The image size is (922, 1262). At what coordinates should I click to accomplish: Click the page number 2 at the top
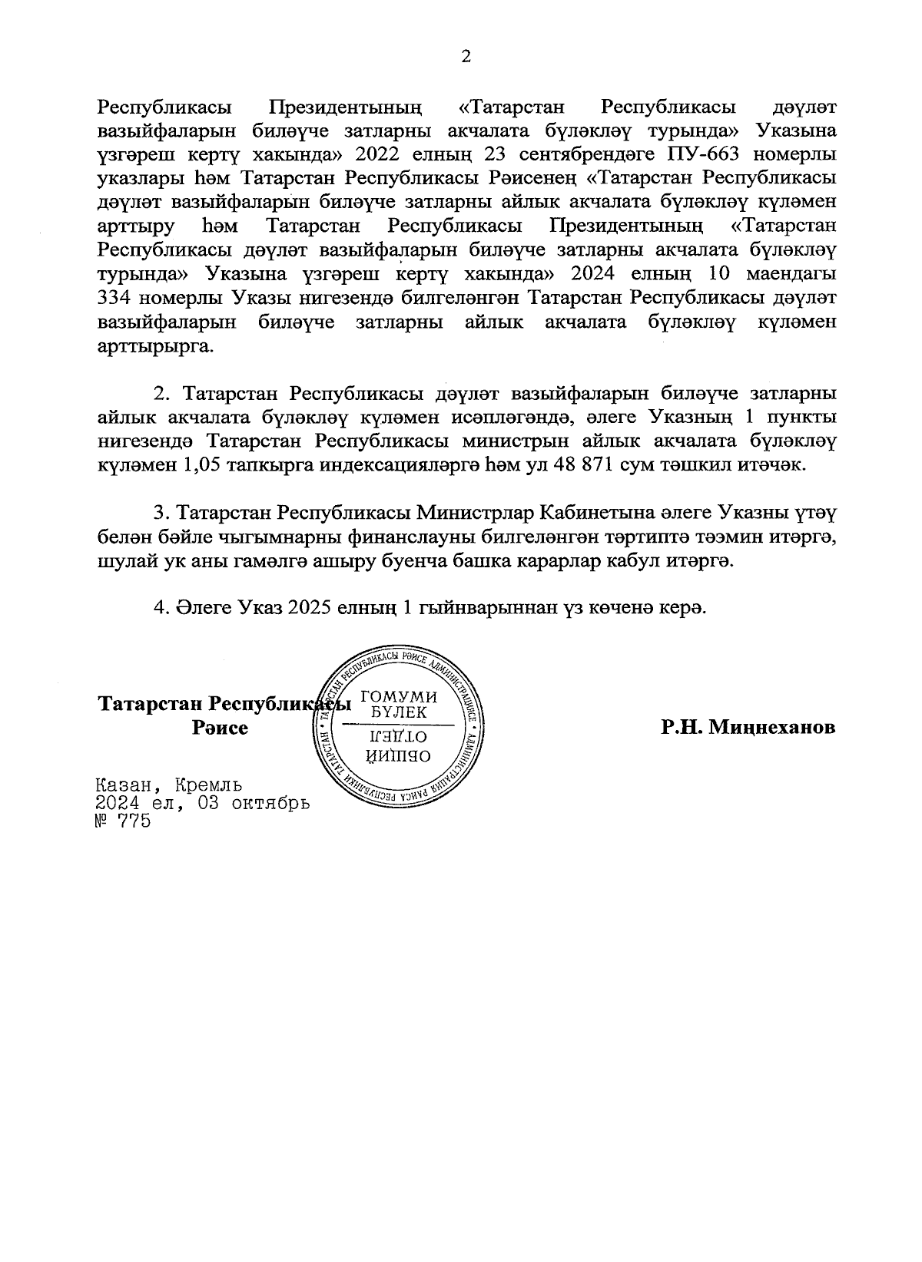coord(465,56)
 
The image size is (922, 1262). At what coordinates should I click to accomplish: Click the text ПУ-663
coord(701,154)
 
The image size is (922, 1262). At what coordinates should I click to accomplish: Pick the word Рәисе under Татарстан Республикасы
coord(220,728)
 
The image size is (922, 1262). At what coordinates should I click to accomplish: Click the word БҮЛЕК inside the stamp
coord(397,712)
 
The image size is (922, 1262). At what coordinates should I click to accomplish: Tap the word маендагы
coord(792,274)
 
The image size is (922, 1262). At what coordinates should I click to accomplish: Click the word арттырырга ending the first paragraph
coord(154,346)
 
